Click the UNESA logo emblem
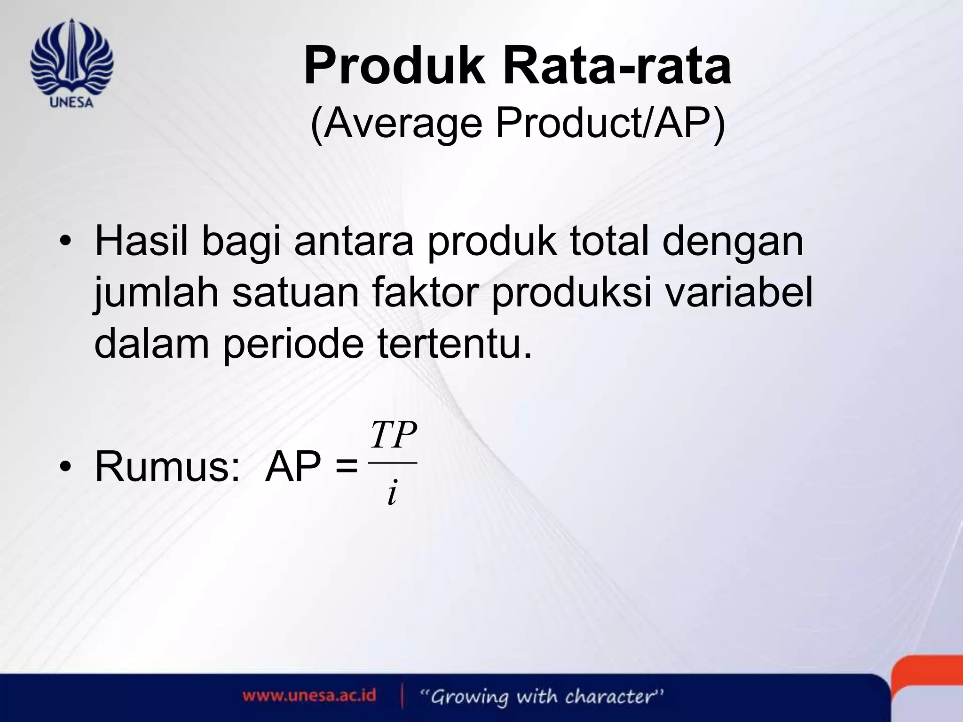[x=71, y=61]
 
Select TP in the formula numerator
[x=393, y=436]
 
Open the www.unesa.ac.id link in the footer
[x=309, y=696]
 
